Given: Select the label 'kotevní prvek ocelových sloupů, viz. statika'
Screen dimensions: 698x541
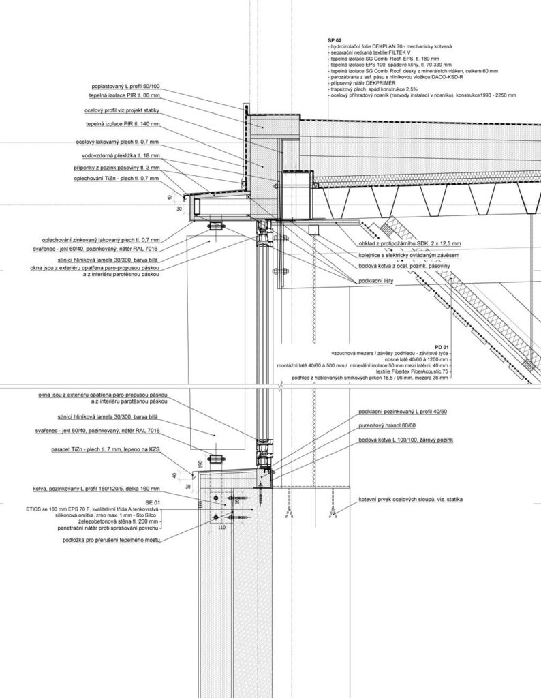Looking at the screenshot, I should point(411,500).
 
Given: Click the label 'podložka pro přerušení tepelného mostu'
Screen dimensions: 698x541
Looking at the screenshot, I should point(111,539).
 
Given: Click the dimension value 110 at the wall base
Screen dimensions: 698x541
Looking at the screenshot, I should point(221,527).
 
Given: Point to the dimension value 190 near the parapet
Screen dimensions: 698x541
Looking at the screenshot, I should point(200,464).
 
